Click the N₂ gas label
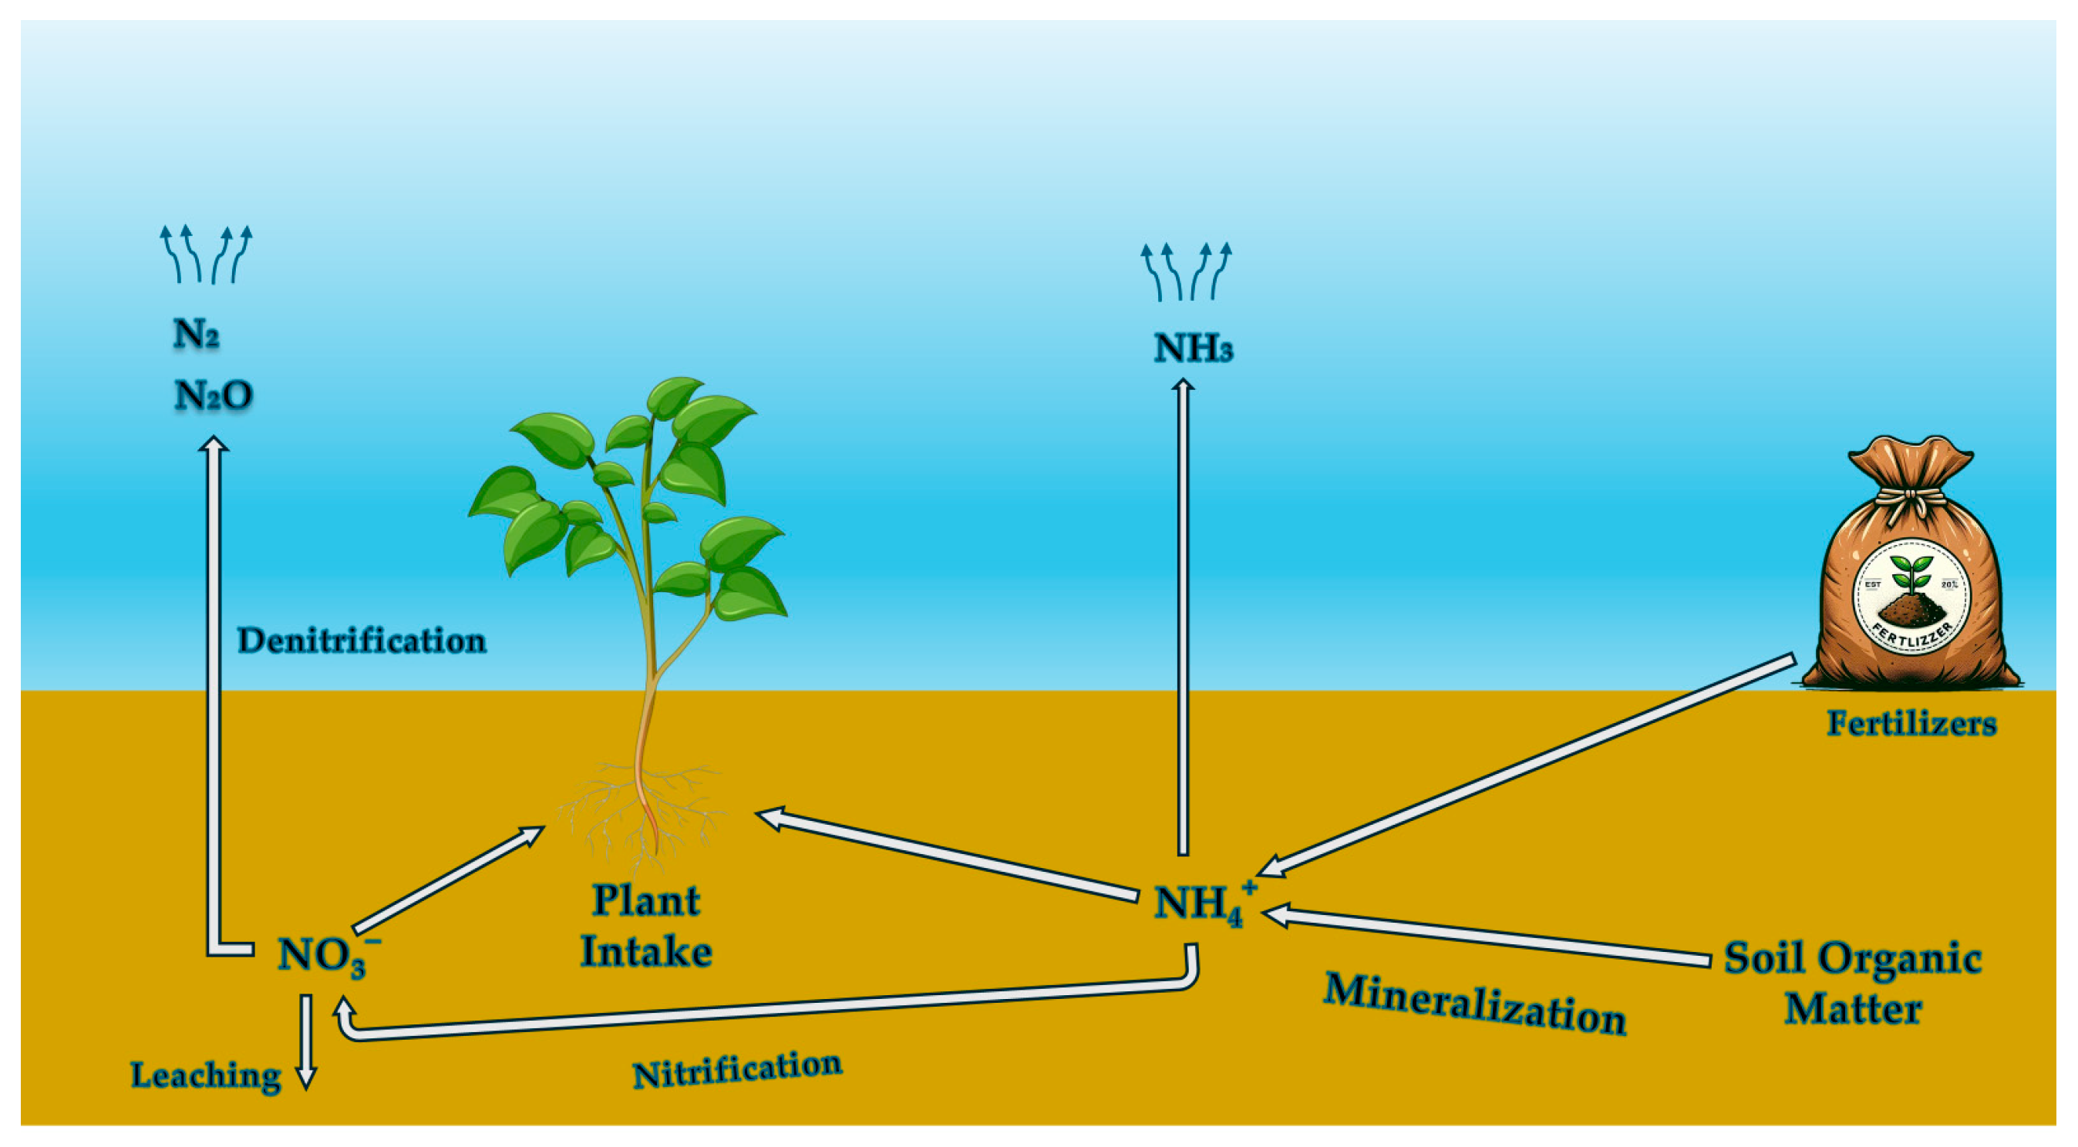(x=196, y=333)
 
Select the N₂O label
(x=214, y=395)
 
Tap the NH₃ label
(x=1193, y=348)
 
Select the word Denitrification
(x=362, y=641)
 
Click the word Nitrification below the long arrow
(x=737, y=1070)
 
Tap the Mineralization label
(x=1473, y=1004)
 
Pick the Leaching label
(x=206, y=1076)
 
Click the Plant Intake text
(x=646, y=926)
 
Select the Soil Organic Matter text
(x=1852, y=983)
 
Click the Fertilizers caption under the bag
(x=1911, y=724)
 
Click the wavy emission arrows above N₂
(x=206, y=255)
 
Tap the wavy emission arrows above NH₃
(x=1185, y=272)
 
